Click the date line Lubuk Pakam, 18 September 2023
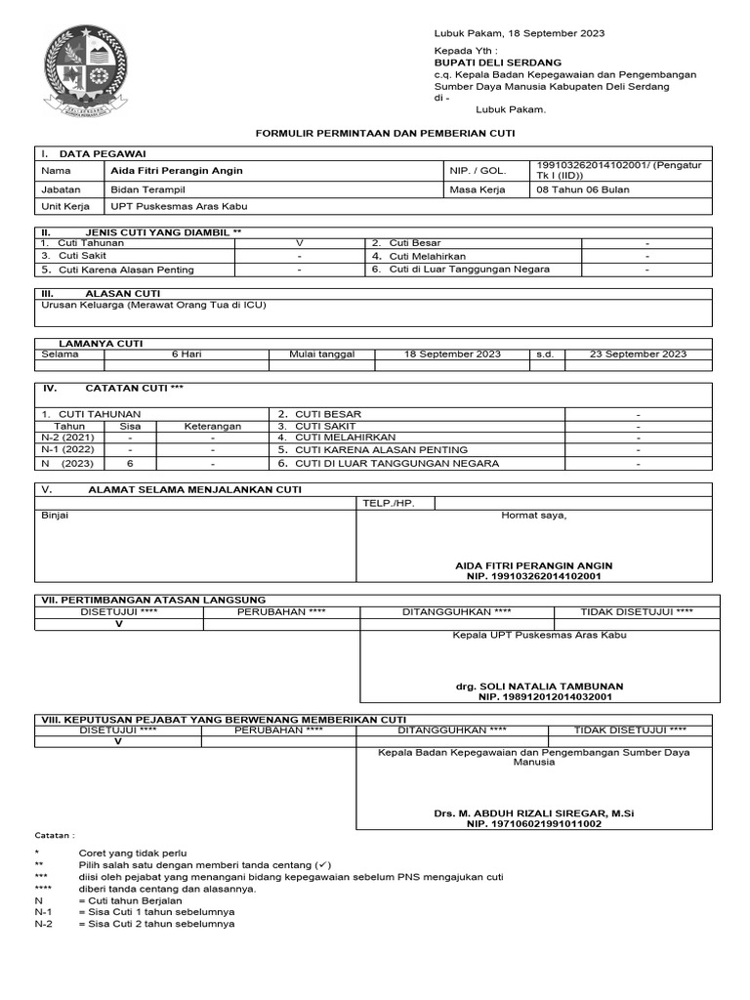coord(519,33)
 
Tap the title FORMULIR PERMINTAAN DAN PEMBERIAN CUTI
coord(385,132)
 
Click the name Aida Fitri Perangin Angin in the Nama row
coord(177,171)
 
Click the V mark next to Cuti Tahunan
coord(300,242)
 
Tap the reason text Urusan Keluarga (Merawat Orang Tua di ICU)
coord(153,306)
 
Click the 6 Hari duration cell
coord(187,354)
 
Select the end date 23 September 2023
coord(638,354)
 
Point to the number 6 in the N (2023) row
coord(130,464)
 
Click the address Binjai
coord(55,516)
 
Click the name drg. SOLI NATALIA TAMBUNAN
coord(539,687)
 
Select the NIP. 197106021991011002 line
coord(533,824)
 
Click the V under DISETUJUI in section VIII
coord(119,741)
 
